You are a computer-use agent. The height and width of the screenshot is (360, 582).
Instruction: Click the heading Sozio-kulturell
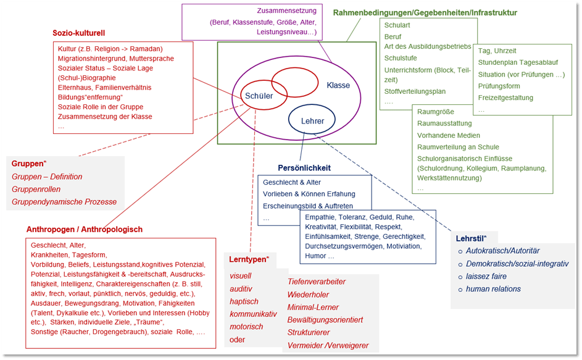[x=80, y=33]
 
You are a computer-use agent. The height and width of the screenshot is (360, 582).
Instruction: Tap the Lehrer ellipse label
[x=312, y=122]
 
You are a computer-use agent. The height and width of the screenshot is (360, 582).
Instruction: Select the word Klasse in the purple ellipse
[x=338, y=85]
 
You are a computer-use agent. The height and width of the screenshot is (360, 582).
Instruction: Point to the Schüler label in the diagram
[x=259, y=96]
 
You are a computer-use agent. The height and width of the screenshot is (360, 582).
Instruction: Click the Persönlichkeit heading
[x=304, y=167]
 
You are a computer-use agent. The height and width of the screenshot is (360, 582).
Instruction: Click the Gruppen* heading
[x=29, y=164]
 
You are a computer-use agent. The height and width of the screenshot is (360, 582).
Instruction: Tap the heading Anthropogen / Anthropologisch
[x=85, y=229]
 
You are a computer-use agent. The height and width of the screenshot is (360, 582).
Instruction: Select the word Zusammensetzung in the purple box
[x=286, y=10]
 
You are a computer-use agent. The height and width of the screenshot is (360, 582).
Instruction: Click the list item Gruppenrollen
[x=36, y=190]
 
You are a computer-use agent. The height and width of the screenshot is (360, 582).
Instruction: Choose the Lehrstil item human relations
[x=493, y=289]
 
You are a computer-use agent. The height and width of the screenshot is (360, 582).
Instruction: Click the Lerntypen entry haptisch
[x=244, y=301]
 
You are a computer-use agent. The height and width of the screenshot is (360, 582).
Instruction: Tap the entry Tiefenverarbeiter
[x=317, y=282]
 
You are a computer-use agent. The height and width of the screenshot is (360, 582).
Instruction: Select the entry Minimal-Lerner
[x=314, y=307]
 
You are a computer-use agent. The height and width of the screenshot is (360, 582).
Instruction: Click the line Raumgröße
[x=435, y=112]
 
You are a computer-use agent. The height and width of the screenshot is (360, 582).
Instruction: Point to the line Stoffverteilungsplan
[x=415, y=91]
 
